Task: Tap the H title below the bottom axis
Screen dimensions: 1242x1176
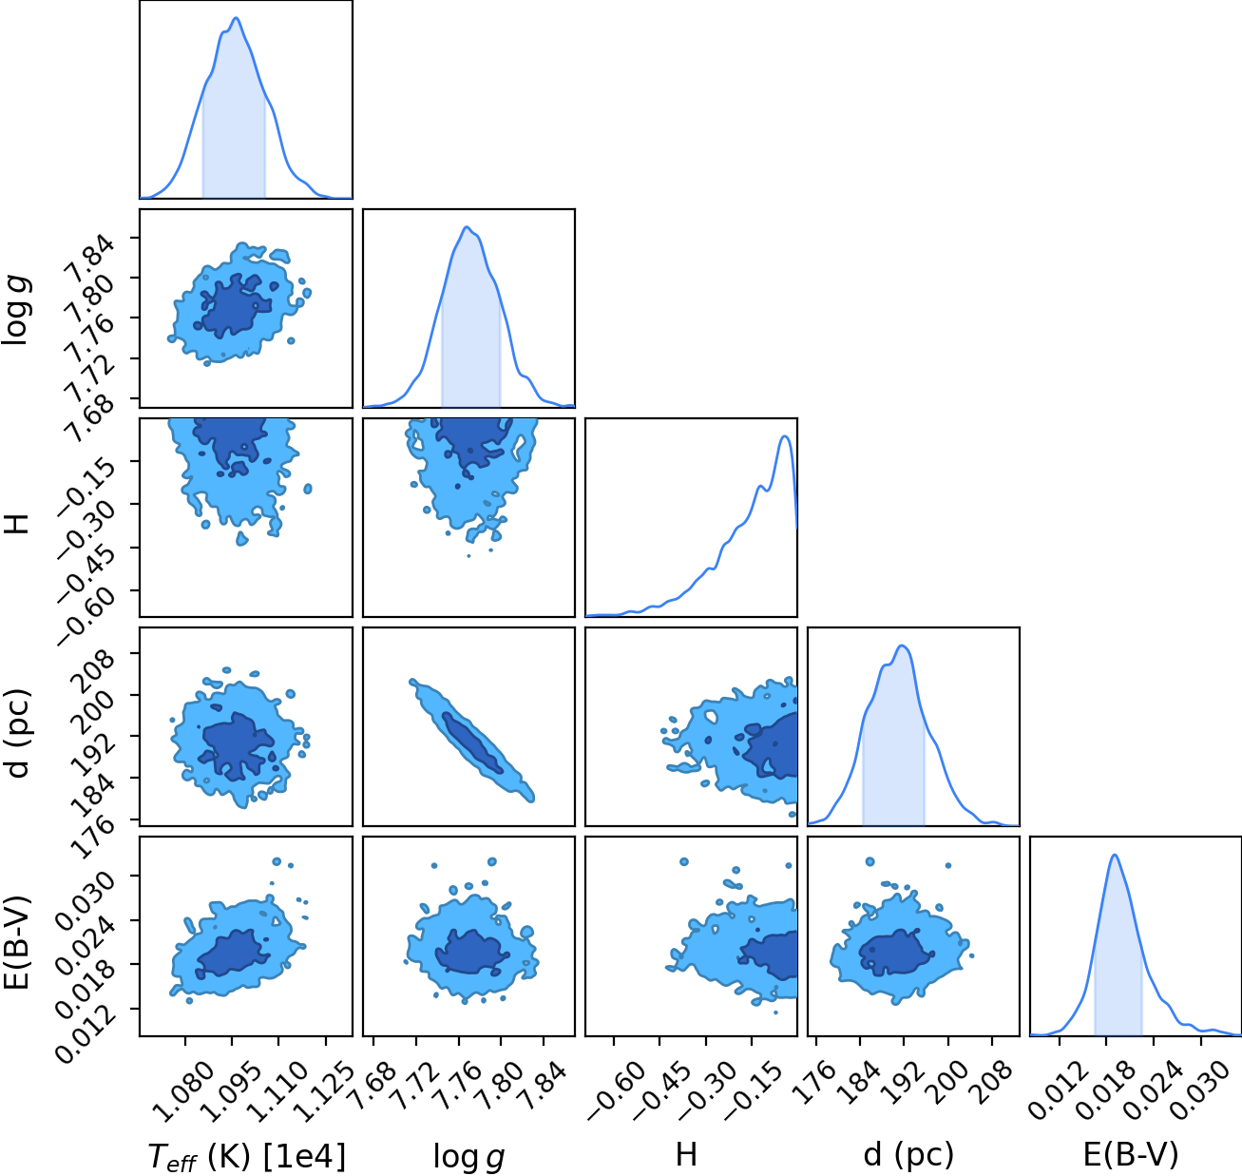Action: tap(686, 1154)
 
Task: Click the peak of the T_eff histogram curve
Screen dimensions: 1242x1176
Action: tap(237, 18)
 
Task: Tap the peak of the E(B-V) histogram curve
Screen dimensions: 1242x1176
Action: tap(1115, 855)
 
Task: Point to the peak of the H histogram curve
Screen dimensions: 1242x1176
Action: tap(785, 436)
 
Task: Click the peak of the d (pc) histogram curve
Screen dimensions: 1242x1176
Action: tap(903, 646)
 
